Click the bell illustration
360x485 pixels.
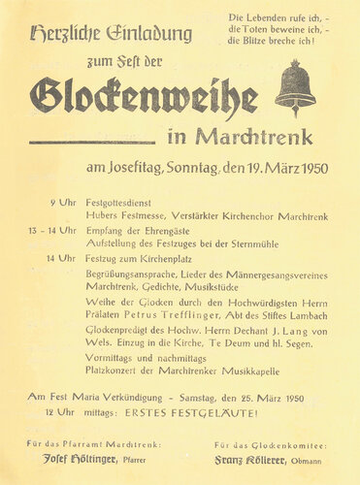click(296, 88)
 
